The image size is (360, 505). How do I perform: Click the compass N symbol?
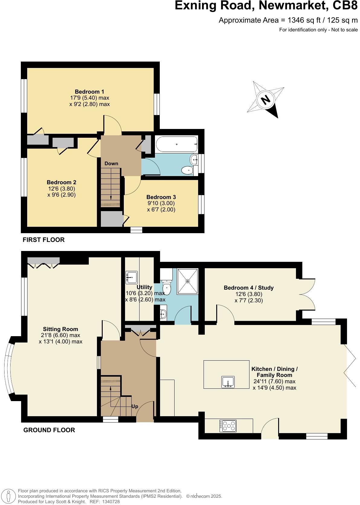[x=265, y=100]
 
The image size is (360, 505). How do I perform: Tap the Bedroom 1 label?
[x=89, y=92]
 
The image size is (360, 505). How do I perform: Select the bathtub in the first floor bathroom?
[x=176, y=144]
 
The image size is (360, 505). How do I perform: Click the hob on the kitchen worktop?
[x=228, y=426]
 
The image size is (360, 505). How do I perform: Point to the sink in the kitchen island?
[x=228, y=382]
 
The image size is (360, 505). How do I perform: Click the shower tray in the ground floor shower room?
[x=188, y=281]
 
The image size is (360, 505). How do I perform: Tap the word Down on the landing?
[x=111, y=163]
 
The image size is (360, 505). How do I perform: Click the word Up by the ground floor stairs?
[x=135, y=406]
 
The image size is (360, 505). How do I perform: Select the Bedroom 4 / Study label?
[x=249, y=288]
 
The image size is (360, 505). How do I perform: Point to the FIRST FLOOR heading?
[x=43, y=240]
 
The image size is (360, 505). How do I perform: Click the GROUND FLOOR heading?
[x=49, y=430]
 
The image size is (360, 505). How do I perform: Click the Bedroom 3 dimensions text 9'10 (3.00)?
[x=161, y=203]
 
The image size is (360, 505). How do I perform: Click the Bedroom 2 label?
[x=61, y=182]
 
